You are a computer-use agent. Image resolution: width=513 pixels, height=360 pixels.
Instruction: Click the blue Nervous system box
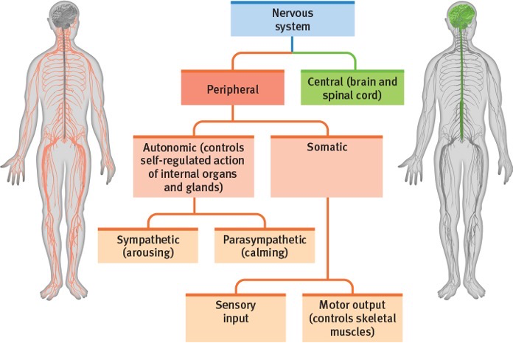click(x=292, y=21)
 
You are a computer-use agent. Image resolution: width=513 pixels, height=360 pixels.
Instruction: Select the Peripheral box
click(x=232, y=89)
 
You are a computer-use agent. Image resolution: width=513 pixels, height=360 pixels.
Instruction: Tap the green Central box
click(x=352, y=89)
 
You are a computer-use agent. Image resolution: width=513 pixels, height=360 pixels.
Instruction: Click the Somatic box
click(x=327, y=167)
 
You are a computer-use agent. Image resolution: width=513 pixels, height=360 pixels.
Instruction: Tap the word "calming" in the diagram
click(x=263, y=252)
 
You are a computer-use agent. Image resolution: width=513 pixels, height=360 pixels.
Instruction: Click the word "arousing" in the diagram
click(x=148, y=252)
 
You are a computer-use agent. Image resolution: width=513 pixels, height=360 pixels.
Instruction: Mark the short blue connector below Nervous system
click(x=292, y=46)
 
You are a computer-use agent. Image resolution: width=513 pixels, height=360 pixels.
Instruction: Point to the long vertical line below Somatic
click(x=327, y=236)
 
